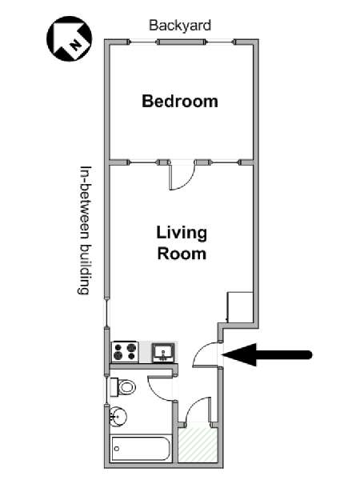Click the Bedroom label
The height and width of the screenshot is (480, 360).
[180, 101]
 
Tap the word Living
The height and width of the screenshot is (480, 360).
[182, 234]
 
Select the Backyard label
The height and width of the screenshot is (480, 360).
[180, 25]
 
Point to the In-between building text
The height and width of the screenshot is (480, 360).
[85, 230]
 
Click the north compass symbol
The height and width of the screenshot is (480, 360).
[69, 38]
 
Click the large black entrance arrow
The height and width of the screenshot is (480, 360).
[267, 354]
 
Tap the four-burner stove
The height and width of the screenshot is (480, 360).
[125, 352]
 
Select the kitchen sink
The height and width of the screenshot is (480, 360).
[164, 353]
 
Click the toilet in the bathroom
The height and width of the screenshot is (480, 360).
[122, 387]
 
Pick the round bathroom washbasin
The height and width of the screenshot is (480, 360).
[118, 416]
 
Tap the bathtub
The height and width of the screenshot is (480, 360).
[140, 449]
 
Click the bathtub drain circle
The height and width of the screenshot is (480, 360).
[117, 449]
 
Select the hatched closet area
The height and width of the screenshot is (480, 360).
[198, 444]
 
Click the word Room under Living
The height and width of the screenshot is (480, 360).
[182, 254]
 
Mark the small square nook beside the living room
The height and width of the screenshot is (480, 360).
[240, 307]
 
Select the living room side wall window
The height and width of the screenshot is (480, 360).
[107, 313]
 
